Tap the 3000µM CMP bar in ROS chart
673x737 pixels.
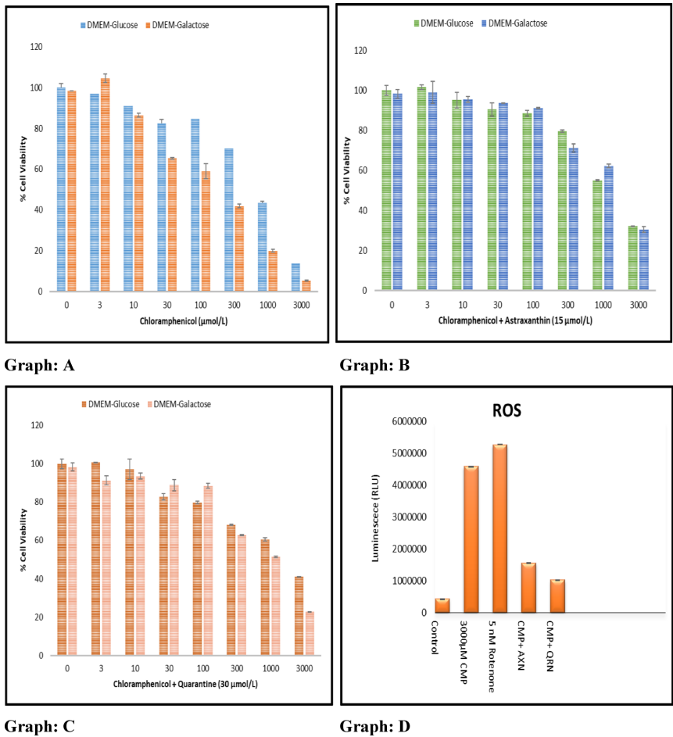[471, 539]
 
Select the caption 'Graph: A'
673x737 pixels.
[39, 365]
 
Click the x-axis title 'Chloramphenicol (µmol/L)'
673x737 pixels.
[185, 321]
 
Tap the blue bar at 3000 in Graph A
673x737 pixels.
[295, 277]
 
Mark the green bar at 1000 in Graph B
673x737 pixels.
[596, 235]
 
